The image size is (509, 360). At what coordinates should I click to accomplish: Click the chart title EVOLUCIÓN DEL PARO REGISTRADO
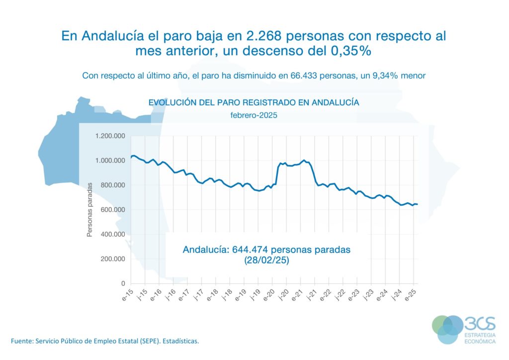click(x=254, y=102)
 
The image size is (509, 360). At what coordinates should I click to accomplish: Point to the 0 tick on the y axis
click(x=124, y=284)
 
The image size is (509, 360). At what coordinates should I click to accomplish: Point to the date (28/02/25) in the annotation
click(x=266, y=261)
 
